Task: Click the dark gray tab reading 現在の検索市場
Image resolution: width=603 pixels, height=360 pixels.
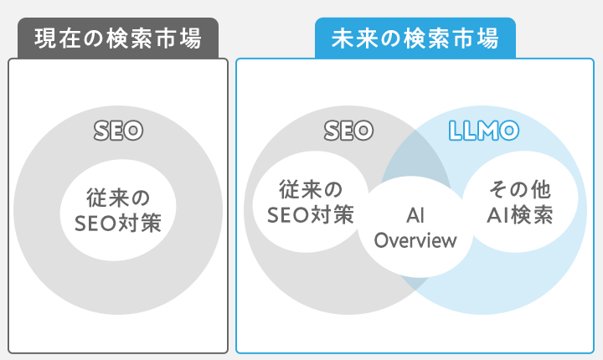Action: click(x=118, y=39)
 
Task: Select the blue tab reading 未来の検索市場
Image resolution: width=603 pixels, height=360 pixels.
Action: click(x=415, y=38)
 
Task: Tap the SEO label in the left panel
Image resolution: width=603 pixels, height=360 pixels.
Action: click(x=118, y=131)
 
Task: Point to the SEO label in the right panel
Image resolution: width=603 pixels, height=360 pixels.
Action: click(x=348, y=131)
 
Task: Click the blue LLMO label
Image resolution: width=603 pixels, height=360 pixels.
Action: click(x=484, y=131)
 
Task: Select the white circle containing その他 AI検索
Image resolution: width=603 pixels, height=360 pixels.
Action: click(x=520, y=203)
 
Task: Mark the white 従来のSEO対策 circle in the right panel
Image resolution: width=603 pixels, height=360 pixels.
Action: click(x=310, y=203)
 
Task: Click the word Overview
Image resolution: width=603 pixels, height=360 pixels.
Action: click(x=415, y=241)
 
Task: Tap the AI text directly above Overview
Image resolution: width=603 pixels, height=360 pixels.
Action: click(x=415, y=216)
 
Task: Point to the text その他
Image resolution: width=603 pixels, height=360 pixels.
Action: click(x=520, y=191)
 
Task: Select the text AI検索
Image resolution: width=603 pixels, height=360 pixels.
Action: click(x=520, y=215)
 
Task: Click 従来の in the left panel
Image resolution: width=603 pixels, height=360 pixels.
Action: click(x=118, y=198)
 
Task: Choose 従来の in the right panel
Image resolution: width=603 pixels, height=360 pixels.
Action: click(x=310, y=191)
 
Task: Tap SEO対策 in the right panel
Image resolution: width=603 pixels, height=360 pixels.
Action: click(x=310, y=215)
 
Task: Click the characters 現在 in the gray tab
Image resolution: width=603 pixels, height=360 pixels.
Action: click(x=56, y=39)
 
